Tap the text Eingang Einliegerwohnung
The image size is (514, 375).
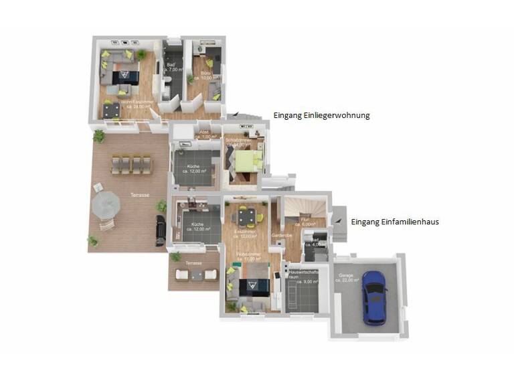point(321,116)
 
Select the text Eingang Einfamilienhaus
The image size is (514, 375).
point(395,222)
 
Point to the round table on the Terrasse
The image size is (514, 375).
point(106,206)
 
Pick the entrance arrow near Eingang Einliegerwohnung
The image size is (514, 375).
point(236,116)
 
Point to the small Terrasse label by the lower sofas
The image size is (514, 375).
point(193,263)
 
